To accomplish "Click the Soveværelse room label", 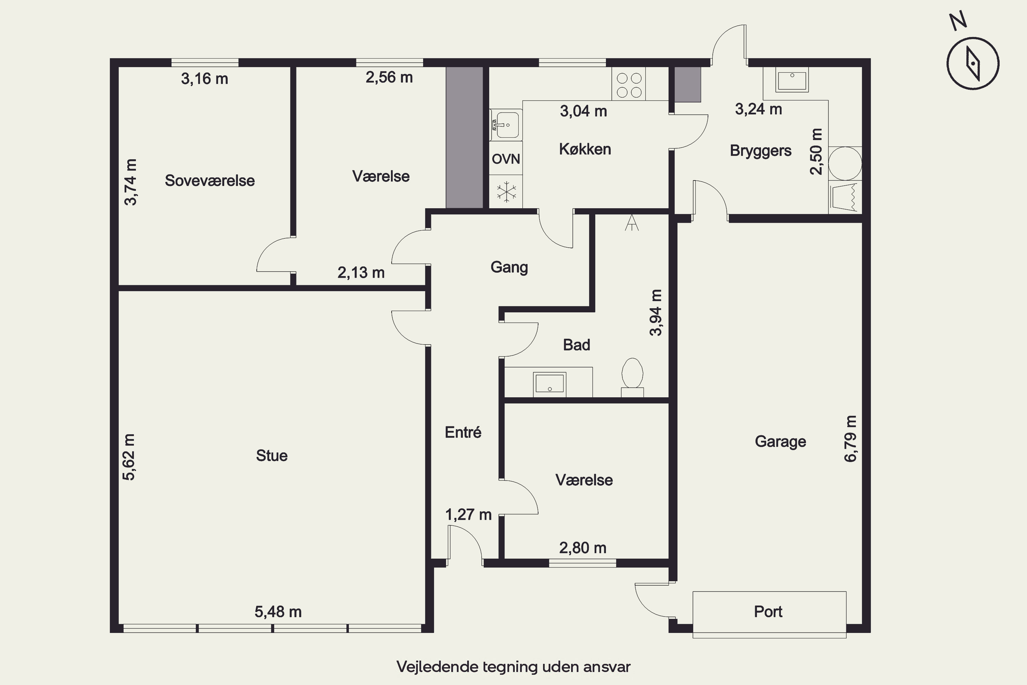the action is (x=210, y=180).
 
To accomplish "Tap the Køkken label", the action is (x=585, y=149).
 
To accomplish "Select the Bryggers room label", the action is (x=761, y=151).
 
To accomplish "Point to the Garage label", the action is (x=780, y=442).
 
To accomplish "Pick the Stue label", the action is (x=271, y=456).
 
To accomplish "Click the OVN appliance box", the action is (x=506, y=158).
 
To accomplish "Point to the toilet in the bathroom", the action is (x=632, y=377).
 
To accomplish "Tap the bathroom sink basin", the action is (x=550, y=384).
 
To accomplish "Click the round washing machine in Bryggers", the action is (x=845, y=163).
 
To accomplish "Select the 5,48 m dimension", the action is (x=278, y=612).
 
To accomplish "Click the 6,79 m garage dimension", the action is (x=851, y=439).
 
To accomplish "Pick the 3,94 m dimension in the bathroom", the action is (x=656, y=312).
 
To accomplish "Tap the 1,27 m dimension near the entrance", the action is (x=468, y=515).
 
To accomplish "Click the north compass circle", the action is (x=973, y=63).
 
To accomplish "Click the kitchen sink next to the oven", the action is (x=506, y=125).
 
